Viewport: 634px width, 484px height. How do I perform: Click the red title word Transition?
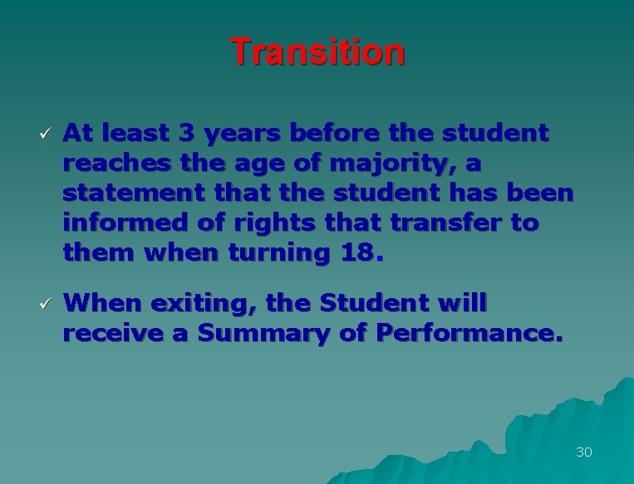pos(317,51)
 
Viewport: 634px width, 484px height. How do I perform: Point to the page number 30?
pos(583,452)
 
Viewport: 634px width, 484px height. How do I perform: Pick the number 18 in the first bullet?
pos(356,252)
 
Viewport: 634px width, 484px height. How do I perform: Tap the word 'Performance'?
pos(468,334)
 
